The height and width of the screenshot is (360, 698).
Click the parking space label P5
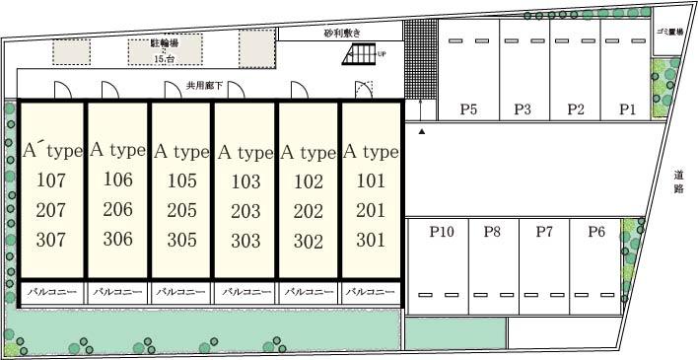click(x=468, y=109)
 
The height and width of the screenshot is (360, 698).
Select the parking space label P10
click(x=441, y=233)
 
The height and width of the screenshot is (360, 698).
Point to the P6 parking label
click(x=596, y=233)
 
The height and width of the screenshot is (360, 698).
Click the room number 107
click(x=50, y=180)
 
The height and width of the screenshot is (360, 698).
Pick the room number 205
click(x=180, y=210)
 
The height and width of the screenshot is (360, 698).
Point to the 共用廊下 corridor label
click(x=206, y=87)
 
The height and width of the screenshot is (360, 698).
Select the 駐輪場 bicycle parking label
click(x=164, y=42)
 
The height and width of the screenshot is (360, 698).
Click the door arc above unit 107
click(x=61, y=89)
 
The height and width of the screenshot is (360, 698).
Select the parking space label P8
click(x=492, y=233)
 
